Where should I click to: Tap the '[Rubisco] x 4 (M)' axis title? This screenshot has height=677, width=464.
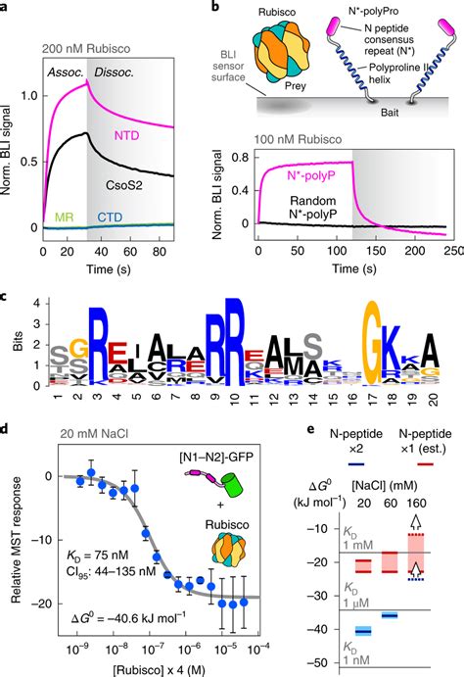tap(156, 668)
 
